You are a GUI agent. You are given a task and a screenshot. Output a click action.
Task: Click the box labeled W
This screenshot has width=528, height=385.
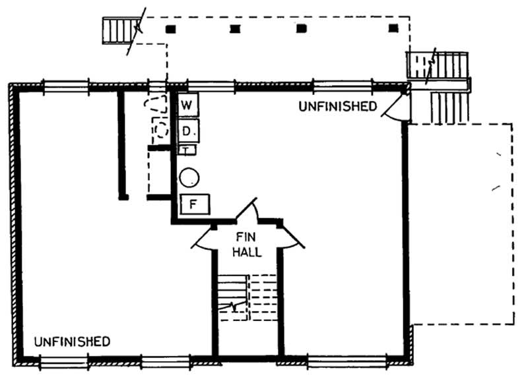click(x=187, y=105)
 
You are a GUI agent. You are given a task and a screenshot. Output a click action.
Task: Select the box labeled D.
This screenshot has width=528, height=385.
click(x=188, y=131)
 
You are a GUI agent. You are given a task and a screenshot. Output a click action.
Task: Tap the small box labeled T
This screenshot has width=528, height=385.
click(x=187, y=150)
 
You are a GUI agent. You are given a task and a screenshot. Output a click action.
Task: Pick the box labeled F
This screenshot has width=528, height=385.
click(x=195, y=204)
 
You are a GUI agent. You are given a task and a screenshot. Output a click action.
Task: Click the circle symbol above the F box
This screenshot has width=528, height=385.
click(x=190, y=176)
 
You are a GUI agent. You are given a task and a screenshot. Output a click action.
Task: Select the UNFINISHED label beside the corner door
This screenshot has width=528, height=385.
click(x=337, y=106)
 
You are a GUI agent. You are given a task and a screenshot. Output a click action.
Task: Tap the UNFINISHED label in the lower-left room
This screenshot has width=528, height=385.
click(x=72, y=341)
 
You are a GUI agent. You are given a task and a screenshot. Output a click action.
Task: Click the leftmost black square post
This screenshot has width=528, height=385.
click(x=171, y=29)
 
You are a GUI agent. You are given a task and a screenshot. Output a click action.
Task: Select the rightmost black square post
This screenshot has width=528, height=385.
click(x=393, y=28)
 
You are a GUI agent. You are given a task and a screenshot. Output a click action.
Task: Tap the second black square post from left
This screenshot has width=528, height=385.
click(x=235, y=29)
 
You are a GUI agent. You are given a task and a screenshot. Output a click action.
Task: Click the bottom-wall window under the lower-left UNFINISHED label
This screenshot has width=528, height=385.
click(x=63, y=361)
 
